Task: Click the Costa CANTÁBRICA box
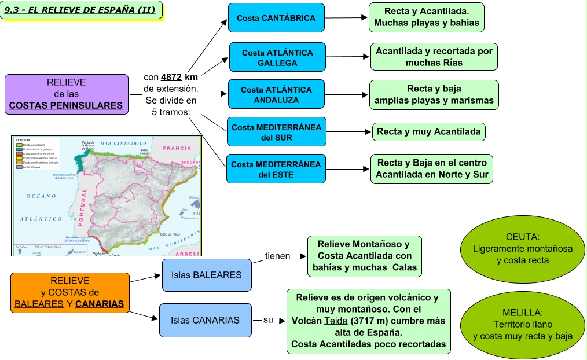276,18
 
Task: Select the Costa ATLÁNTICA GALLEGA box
277,57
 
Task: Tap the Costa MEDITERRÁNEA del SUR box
276,133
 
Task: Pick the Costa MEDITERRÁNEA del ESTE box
276,169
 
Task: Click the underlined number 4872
171,77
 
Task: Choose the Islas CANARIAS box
206,320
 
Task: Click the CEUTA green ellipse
522,248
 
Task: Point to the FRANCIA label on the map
177,148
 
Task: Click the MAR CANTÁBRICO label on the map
123,142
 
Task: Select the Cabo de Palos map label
171,234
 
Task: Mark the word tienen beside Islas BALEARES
277,256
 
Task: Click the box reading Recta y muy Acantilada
428,132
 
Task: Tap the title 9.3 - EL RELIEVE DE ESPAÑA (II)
83,10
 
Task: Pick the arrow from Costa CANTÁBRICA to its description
346,18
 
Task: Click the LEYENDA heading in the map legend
23,140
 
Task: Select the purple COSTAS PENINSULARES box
66,94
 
